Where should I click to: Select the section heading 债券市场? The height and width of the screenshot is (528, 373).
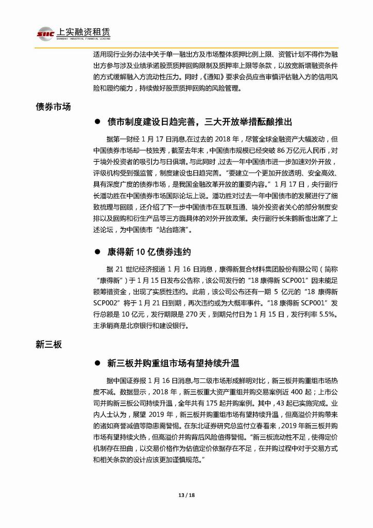pos(53,107)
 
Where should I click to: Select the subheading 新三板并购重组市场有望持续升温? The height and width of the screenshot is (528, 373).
pos(174,363)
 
